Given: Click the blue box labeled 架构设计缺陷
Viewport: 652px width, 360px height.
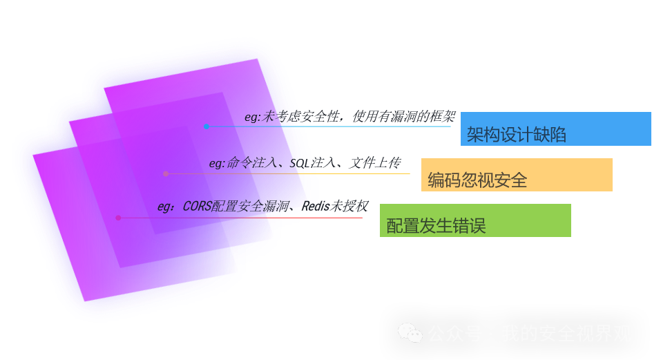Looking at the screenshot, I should (x=555, y=129).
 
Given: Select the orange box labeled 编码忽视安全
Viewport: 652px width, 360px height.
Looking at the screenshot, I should (x=517, y=174).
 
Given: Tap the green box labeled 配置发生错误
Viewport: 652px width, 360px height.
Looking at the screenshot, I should (x=475, y=220).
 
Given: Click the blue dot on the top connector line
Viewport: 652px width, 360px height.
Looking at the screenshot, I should (x=207, y=126).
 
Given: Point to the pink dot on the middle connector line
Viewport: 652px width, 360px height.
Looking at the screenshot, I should (x=166, y=173).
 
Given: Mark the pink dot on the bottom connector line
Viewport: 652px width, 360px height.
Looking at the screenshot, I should (x=118, y=218).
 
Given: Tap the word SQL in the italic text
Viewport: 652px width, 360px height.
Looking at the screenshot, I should (x=300, y=163).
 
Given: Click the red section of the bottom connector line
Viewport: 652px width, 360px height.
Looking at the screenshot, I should (x=332, y=218).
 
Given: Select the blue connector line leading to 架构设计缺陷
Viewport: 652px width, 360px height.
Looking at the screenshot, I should (x=332, y=126).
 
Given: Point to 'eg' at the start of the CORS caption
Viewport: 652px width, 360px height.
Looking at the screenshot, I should (x=164, y=206).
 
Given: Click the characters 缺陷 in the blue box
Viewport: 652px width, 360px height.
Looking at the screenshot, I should (x=550, y=135).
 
